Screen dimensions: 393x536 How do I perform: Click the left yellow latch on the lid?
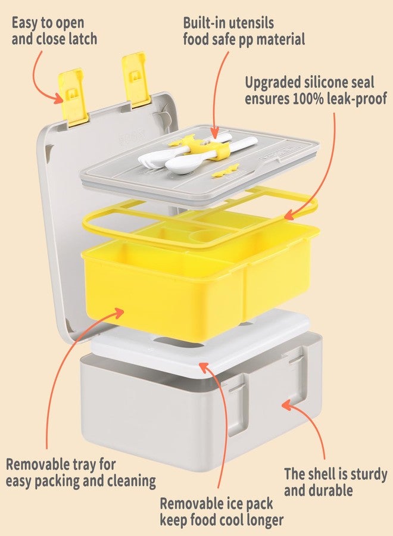(72, 96)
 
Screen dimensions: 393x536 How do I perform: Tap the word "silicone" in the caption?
(320, 82)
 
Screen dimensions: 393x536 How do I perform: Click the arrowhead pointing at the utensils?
(214, 132)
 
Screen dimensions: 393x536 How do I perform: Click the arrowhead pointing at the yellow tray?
(118, 313)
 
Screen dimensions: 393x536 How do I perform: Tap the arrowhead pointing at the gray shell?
(288, 406)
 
